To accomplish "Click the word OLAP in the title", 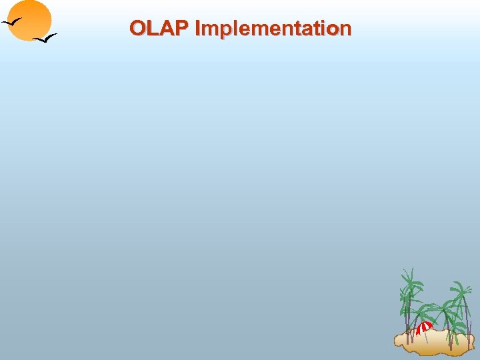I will [159, 28].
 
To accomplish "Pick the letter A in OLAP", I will [167, 28].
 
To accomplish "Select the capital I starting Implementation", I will [197, 28].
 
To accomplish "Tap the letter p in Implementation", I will [222, 30].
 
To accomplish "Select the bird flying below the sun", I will [45, 39].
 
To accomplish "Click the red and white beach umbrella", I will [424, 327].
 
